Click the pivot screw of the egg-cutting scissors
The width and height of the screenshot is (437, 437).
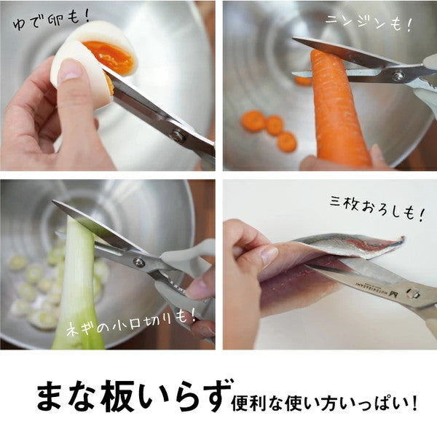[177, 135]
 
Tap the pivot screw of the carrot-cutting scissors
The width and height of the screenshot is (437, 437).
[398, 76]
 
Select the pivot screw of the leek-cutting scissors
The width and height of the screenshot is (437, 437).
[138, 262]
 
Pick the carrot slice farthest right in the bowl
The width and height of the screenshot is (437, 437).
[287, 141]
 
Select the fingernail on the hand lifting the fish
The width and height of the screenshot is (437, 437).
[268, 256]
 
